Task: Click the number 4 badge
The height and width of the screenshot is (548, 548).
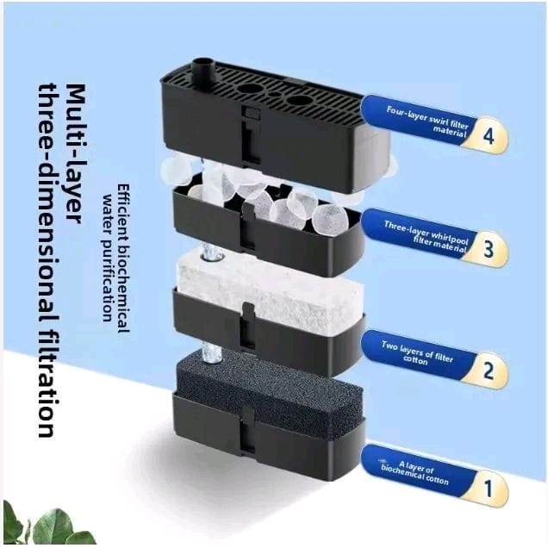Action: [x=488, y=135]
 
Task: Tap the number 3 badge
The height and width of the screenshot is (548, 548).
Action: [x=488, y=249]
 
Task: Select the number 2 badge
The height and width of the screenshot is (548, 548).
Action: [x=488, y=371]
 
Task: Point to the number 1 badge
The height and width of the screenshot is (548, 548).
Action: [x=488, y=489]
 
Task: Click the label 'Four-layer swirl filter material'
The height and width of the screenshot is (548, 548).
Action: [x=427, y=121]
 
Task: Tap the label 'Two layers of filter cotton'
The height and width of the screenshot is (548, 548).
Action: [x=417, y=353]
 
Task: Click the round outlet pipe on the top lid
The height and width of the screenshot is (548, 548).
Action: [x=202, y=72]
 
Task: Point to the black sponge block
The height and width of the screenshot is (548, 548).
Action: [x=269, y=395]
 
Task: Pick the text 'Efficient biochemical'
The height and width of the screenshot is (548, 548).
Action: [x=122, y=258]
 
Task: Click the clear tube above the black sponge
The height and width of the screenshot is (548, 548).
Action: [x=212, y=353]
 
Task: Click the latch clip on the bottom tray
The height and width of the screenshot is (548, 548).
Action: [x=249, y=430]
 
